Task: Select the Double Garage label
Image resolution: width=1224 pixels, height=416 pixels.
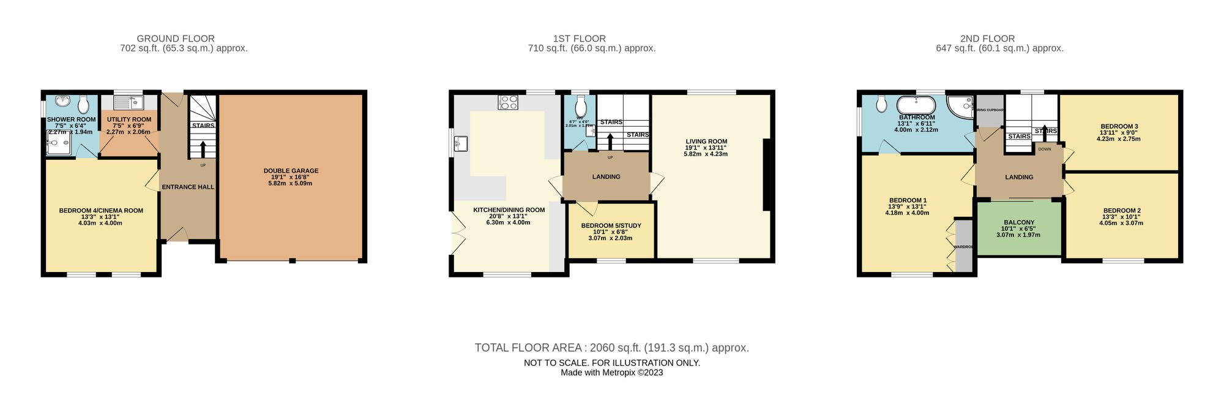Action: (291, 171)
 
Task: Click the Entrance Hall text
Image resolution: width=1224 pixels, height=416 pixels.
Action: (188, 187)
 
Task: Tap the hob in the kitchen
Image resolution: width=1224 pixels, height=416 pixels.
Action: (509, 103)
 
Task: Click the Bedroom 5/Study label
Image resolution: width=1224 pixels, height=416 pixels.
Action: (611, 225)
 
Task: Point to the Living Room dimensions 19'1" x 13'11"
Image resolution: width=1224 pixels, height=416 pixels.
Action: (706, 148)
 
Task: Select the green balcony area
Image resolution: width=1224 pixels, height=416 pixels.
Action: (1019, 228)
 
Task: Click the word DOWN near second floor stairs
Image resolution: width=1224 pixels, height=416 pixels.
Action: (1045, 149)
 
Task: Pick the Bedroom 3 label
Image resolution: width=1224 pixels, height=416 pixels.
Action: (1119, 126)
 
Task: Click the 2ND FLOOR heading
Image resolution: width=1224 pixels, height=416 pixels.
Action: (999, 39)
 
